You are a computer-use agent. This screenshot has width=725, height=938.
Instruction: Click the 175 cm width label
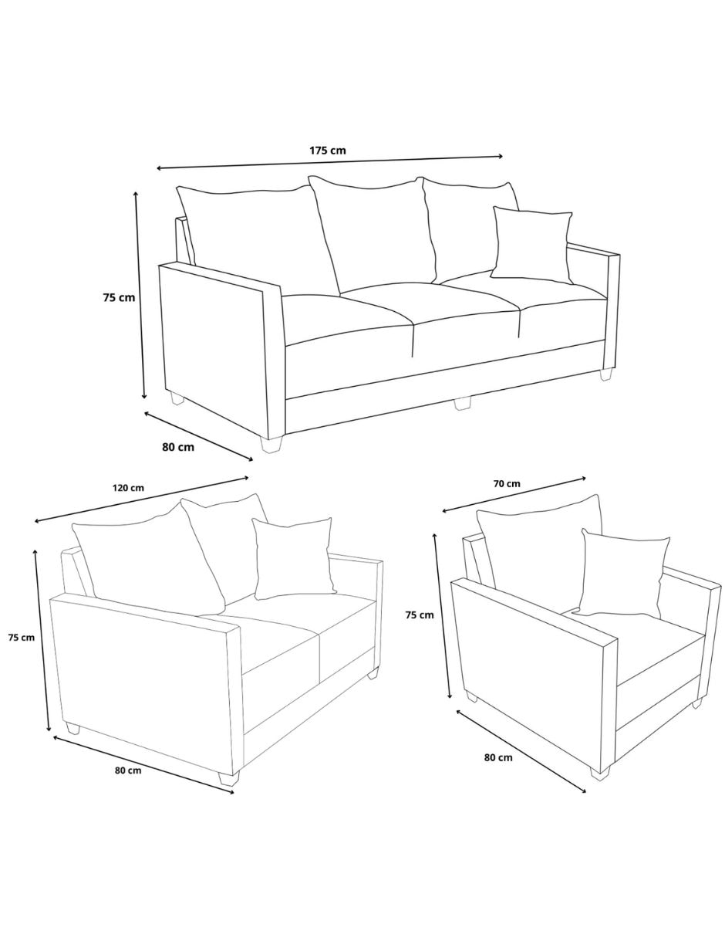(328, 151)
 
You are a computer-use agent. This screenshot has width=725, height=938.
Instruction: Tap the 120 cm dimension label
(129, 488)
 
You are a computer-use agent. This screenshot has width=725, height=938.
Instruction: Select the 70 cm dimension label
(507, 483)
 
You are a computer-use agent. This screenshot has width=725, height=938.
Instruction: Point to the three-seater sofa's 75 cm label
(119, 297)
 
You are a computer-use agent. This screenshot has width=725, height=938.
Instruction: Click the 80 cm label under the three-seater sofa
(178, 447)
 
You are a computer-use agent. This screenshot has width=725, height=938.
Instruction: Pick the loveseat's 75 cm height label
(22, 637)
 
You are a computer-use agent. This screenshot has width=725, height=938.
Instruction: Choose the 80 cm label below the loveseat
(128, 770)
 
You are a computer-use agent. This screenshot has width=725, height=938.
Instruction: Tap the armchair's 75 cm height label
(420, 615)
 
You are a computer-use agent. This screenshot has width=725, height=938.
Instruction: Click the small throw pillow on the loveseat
(293, 559)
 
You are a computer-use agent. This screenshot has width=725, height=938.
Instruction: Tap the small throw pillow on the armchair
(622, 574)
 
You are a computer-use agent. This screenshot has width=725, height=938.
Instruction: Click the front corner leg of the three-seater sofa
(271, 443)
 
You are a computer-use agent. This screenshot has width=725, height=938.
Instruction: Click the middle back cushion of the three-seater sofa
(373, 233)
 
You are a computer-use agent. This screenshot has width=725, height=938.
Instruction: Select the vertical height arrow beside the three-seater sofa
(140, 295)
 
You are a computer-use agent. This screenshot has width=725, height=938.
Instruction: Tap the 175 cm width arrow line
(330, 162)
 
